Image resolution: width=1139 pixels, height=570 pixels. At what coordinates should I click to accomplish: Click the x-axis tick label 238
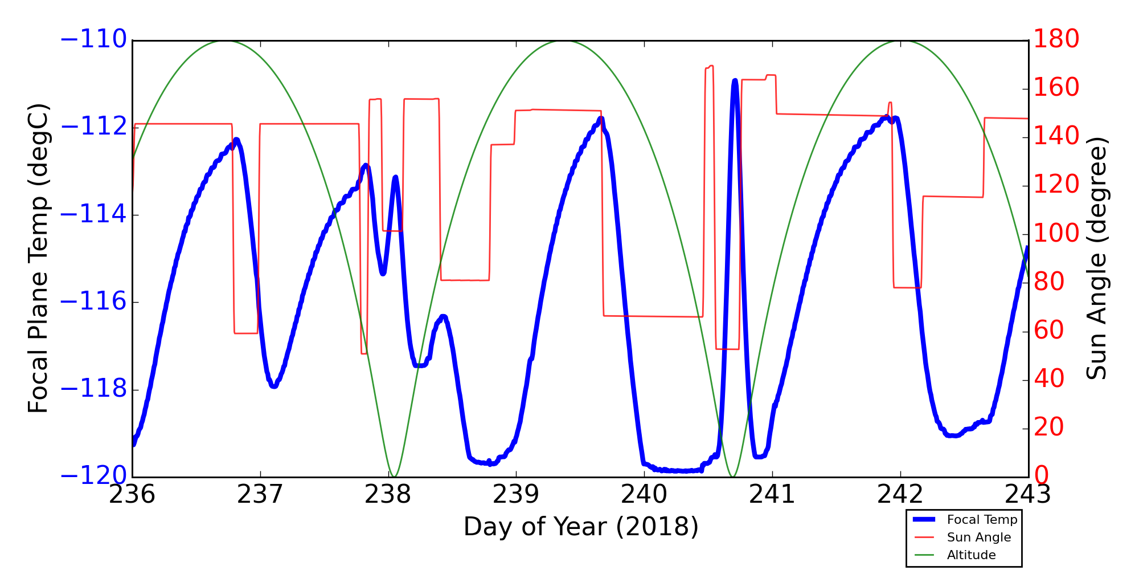pos(388,494)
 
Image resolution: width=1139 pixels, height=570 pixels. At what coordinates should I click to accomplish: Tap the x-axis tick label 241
pos(772,494)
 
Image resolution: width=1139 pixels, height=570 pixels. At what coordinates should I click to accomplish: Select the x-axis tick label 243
pos(1027,494)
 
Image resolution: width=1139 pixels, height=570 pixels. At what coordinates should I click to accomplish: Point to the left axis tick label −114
pos(93,215)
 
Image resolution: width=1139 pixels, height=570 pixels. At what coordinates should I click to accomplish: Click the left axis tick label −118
pos(93,390)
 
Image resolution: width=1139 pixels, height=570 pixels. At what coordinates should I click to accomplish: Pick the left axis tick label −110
pos(93,40)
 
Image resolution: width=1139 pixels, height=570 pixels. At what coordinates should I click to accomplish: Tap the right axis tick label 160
pos(1056,88)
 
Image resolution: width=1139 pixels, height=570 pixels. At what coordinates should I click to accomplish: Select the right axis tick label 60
pos(1049,331)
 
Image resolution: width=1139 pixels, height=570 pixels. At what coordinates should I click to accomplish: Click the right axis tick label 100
pos(1056,234)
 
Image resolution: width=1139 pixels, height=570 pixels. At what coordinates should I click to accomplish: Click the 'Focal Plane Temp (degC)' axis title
pos(38,258)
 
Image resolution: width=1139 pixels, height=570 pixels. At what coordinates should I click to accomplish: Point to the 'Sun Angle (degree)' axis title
pos(1096,258)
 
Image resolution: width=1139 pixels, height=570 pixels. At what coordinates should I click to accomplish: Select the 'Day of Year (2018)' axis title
pos(580,527)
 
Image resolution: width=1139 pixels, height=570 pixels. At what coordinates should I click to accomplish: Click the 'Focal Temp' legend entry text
pos(982,520)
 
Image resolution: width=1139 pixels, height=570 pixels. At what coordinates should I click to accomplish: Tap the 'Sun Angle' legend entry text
pos(978,538)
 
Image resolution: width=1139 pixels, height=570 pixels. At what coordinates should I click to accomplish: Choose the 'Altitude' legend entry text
pos(971,555)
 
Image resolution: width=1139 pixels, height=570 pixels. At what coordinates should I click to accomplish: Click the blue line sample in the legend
pos(924,519)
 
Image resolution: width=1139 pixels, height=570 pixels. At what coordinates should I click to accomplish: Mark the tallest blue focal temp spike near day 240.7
pos(735,82)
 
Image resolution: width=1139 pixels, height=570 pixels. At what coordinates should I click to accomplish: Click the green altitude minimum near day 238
pos(394,476)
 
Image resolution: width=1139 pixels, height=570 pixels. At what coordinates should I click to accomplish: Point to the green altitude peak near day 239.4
pos(563,41)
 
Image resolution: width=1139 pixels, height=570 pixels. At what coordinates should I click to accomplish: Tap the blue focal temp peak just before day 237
pos(236,140)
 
